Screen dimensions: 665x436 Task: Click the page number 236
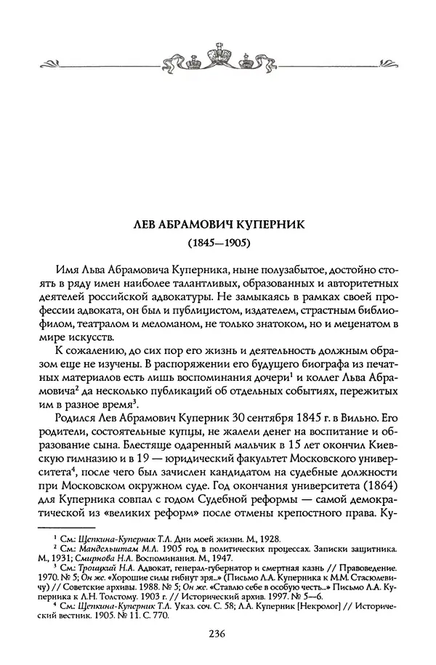[217, 634]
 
